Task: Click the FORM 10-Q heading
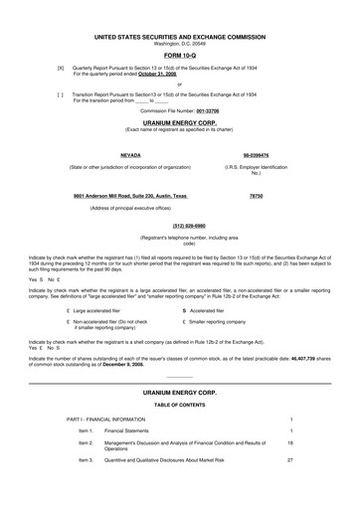click(x=179, y=27)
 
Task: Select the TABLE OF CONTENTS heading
click(x=179, y=376)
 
